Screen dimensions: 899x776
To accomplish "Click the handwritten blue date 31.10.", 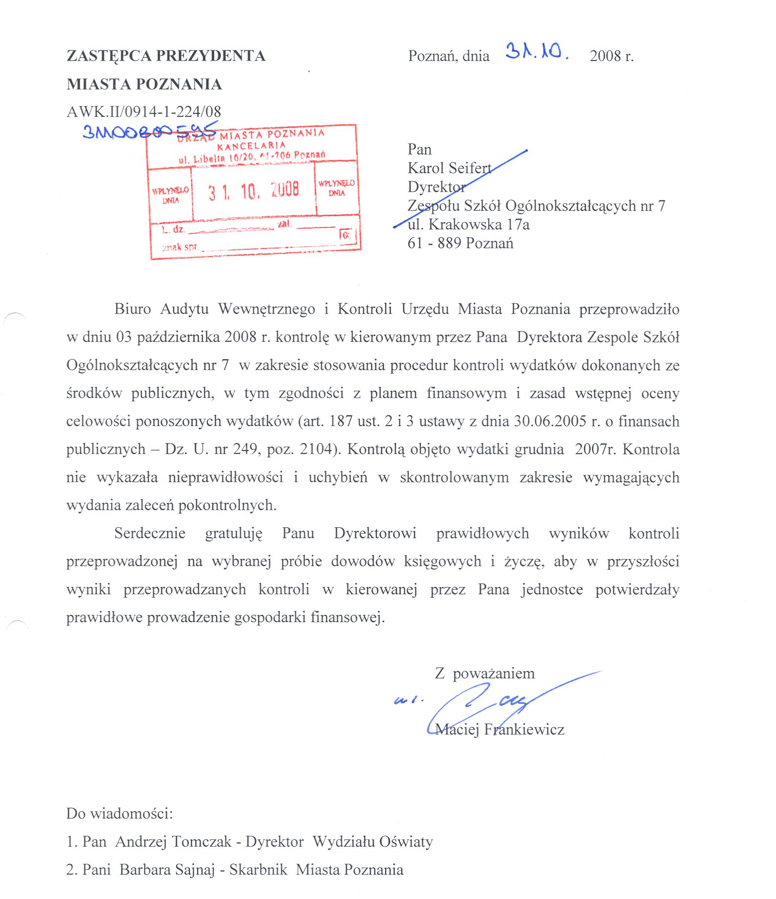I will (536, 51).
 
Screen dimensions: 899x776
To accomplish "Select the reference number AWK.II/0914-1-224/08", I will (144, 112).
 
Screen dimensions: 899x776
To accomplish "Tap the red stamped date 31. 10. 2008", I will (253, 190).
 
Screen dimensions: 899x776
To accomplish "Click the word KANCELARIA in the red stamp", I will (251, 145).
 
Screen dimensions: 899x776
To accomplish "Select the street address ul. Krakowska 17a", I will (468, 225).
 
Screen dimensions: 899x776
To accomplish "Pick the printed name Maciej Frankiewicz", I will (500, 729).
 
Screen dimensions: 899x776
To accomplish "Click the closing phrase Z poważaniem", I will (485, 674).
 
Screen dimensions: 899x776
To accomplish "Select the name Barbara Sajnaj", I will (167, 870).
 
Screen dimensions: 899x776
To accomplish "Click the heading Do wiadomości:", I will (120, 813).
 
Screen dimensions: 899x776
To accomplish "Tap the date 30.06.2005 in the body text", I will (550, 421).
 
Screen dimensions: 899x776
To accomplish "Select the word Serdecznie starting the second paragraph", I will (150, 533).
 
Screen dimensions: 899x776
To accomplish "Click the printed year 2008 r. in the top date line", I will (611, 56).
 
